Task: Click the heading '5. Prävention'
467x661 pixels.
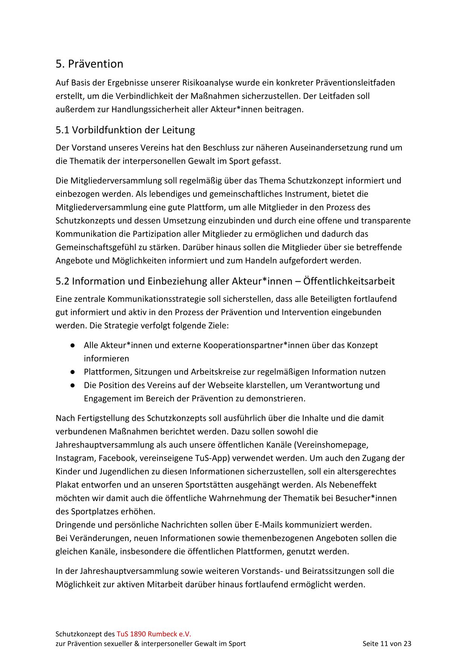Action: point(89,64)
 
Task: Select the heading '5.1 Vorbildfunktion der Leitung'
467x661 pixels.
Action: point(125,130)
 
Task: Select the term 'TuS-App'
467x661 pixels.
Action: point(212,458)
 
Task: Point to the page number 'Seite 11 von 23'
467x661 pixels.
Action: point(387,644)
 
